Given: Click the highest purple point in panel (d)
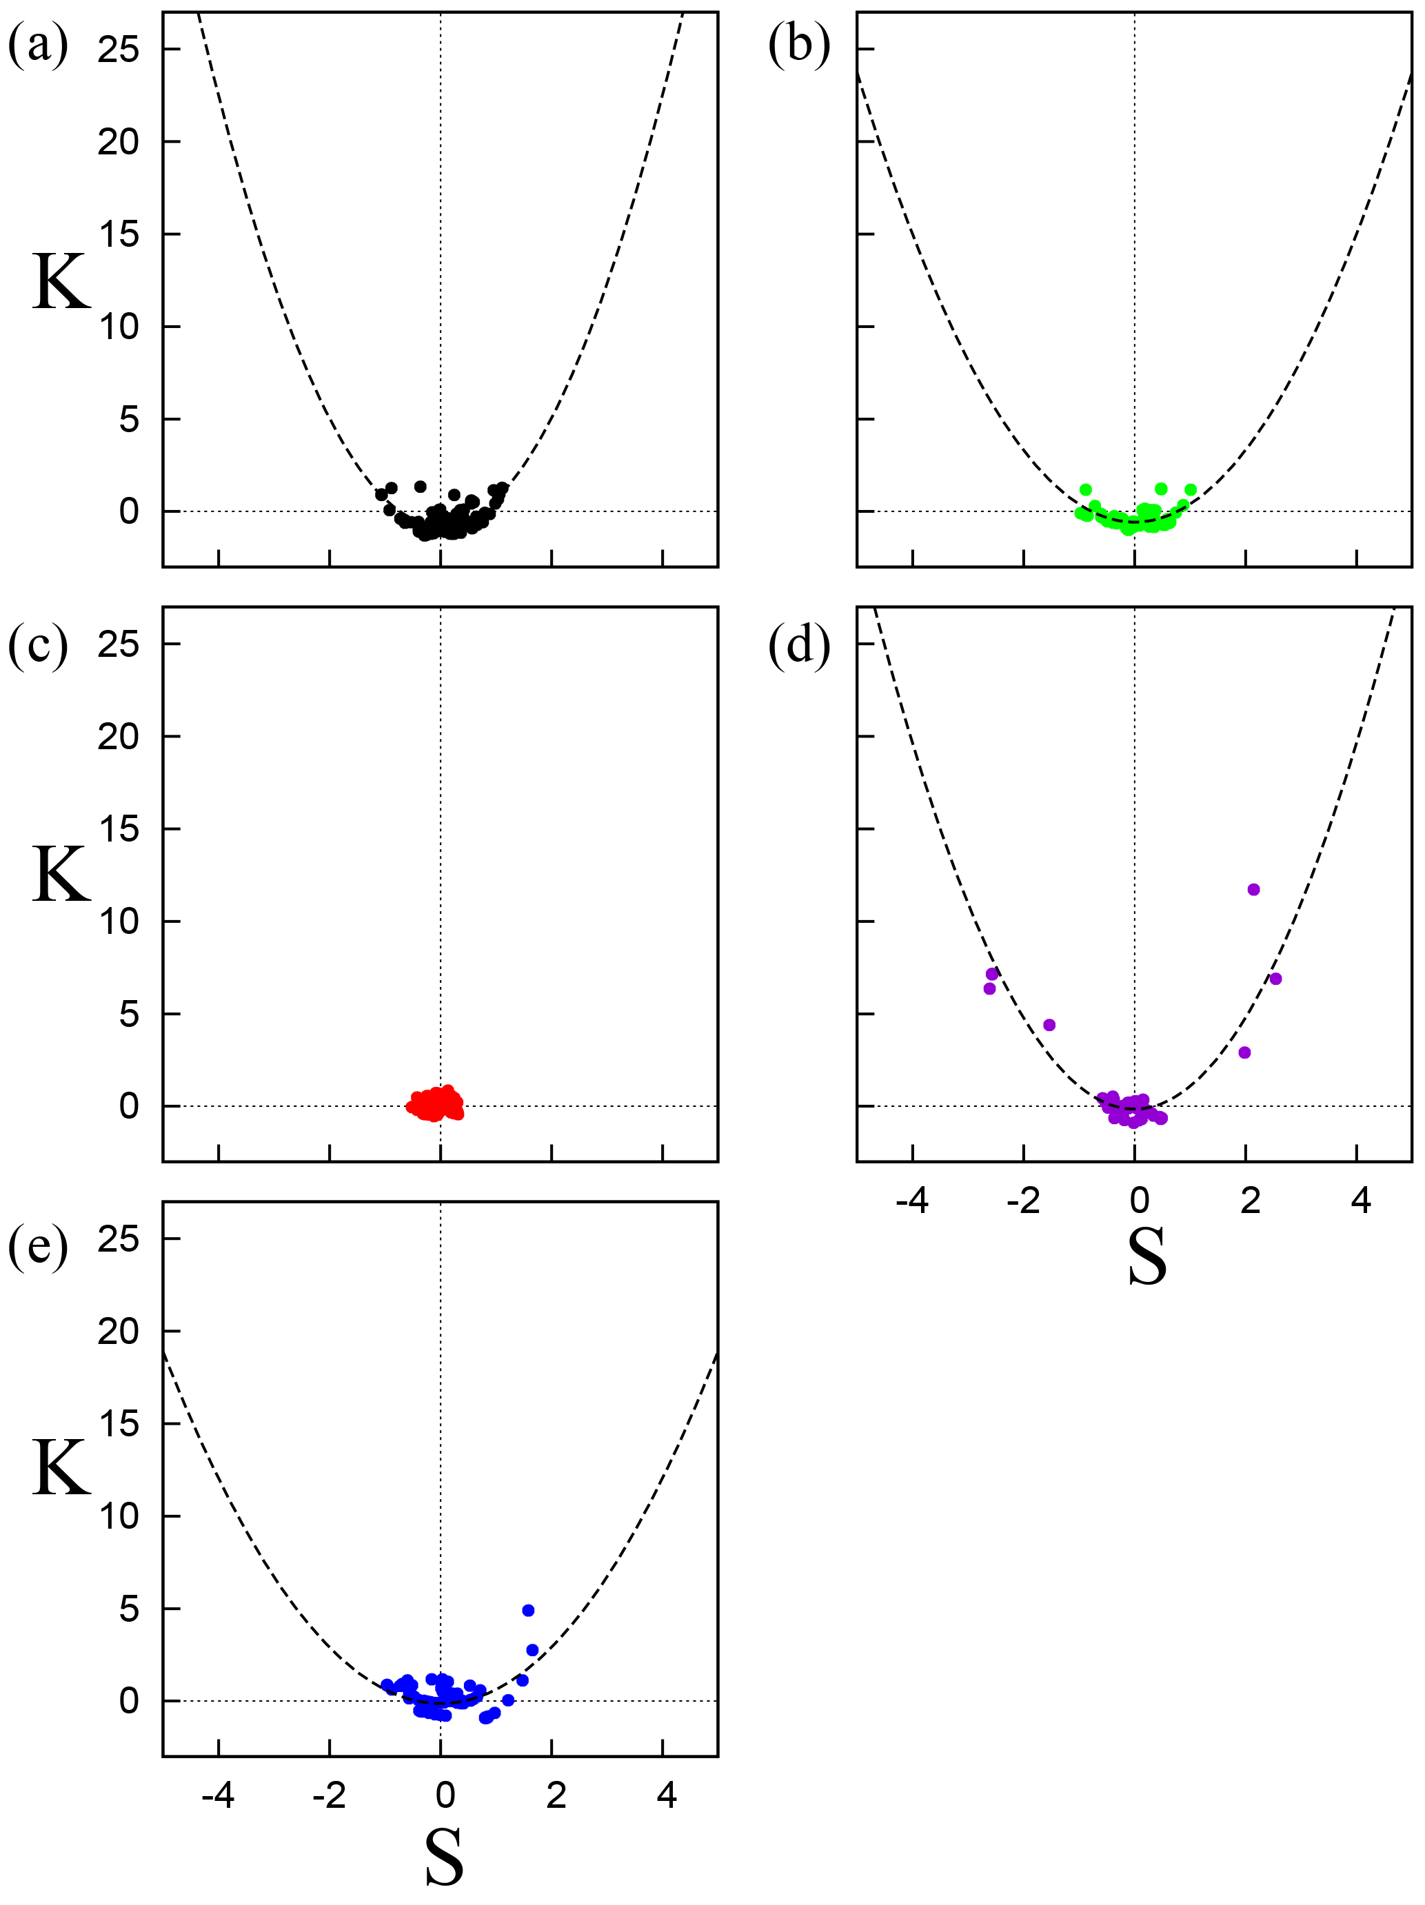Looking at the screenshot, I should [x=1253, y=890].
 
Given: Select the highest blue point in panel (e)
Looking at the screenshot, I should [x=528, y=1611].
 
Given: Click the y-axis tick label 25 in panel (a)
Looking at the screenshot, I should [x=118, y=50].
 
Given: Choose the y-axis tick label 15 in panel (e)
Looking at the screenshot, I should [x=118, y=1424].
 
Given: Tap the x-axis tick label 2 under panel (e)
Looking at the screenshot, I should [x=556, y=1795].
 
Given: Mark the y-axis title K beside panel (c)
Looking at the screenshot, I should [x=61, y=874].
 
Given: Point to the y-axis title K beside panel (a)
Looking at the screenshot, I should [x=61, y=282].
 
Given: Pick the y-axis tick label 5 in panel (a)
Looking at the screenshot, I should [x=128, y=420].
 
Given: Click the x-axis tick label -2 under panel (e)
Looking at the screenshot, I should [x=328, y=1795].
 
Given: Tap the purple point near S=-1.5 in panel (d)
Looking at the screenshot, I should [x=1049, y=1025].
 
